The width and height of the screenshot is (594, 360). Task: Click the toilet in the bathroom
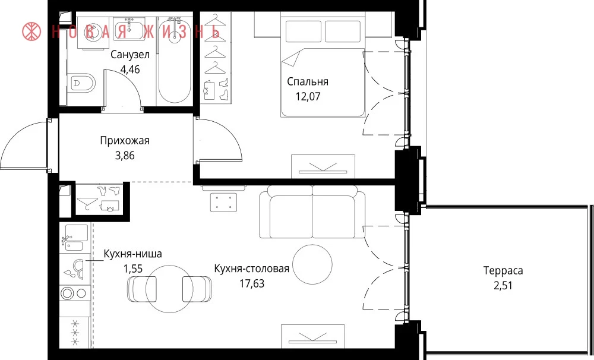[81, 83]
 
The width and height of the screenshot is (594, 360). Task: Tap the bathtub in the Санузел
[174, 60]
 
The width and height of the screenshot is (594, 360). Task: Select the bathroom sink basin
[129, 30]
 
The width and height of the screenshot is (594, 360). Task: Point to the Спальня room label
[307, 81]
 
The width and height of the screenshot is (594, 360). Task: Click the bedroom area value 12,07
[308, 96]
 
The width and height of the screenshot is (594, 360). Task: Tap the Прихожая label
[125, 141]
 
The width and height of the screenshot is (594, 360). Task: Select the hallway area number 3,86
[125, 156]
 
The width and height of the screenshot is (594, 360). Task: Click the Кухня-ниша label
[132, 254]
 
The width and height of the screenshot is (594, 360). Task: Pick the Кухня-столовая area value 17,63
[252, 283]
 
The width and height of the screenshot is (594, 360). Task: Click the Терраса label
[503, 270]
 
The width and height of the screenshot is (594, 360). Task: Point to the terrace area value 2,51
[503, 285]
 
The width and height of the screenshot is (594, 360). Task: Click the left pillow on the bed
[304, 31]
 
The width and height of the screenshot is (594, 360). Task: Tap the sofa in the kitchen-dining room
[312, 212]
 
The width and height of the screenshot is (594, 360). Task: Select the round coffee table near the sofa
[312, 264]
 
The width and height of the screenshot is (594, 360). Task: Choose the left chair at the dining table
[142, 289]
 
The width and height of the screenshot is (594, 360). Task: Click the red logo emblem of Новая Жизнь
[31, 31]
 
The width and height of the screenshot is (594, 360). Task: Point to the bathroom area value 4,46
[129, 70]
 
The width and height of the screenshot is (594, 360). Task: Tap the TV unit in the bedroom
[323, 166]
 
